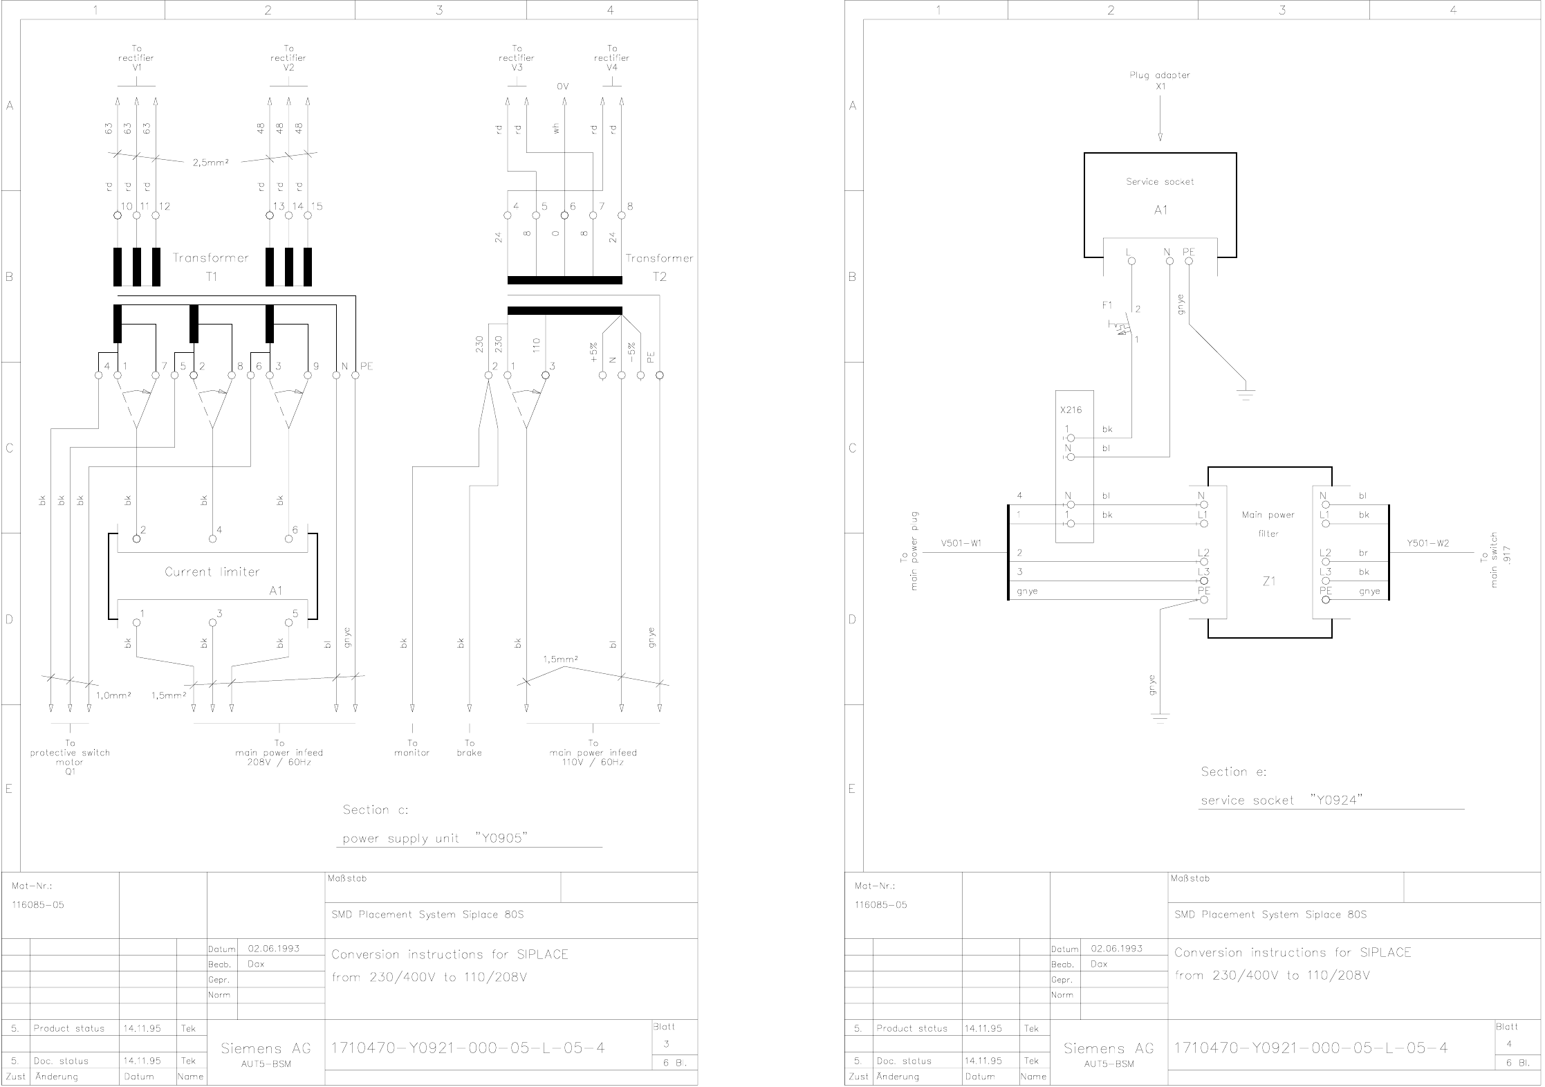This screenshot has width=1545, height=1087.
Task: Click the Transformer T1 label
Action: (211, 266)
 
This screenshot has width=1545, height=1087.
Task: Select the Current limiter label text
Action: (212, 572)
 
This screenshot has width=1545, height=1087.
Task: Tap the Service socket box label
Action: (1160, 182)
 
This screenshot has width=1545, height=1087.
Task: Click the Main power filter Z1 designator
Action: (1268, 582)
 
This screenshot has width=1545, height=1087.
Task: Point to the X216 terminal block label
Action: (1071, 410)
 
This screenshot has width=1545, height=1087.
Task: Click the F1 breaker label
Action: (1107, 305)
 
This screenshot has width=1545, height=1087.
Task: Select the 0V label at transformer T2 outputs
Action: (562, 87)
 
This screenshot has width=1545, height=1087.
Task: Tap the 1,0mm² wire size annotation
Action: (113, 695)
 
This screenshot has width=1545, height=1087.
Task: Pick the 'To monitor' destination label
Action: (412, 748)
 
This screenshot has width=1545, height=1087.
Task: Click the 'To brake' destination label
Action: (470, 748)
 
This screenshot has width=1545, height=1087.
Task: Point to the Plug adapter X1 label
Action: (1160, 80)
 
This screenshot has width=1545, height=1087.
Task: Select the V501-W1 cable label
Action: (961, 544)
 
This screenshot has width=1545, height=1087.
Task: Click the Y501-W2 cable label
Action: (1427, 544)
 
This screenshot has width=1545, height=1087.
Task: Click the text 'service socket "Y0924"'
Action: (1281, 801)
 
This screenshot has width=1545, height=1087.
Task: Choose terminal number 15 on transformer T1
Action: (317, 206)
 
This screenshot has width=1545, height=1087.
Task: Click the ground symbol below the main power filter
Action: (1160, 718)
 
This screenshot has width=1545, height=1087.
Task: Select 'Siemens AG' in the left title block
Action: (266, 1049)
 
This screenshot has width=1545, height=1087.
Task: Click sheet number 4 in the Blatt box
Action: (1508, 1044)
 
